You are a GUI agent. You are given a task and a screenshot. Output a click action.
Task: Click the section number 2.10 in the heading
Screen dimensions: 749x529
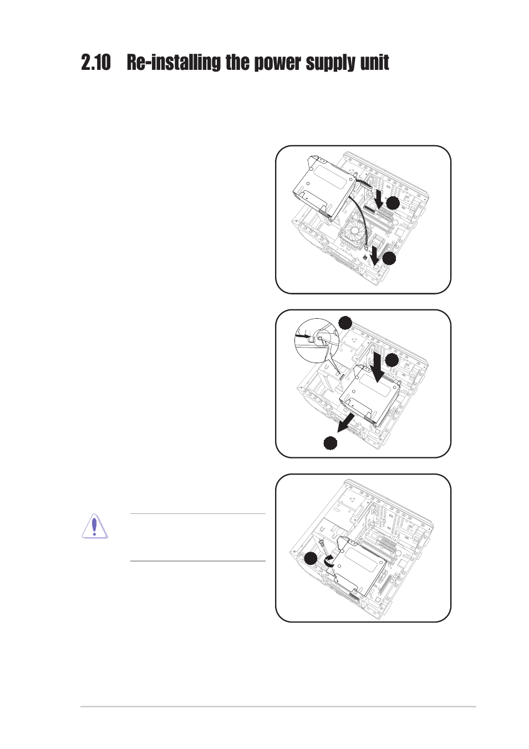(x=95, y=63)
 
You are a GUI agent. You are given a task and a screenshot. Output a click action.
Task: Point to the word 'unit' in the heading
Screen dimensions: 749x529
(x=375, y=63)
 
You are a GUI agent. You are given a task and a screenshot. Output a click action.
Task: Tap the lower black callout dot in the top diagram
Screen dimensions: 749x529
(x=390, y=258)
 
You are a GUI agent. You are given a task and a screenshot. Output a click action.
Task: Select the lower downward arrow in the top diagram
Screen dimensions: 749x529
(x=375, y=256)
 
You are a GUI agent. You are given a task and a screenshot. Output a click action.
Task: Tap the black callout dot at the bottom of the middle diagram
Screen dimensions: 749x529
(x=330, y=443)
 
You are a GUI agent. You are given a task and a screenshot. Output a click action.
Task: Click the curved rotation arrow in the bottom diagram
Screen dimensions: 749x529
(x=329, y=561)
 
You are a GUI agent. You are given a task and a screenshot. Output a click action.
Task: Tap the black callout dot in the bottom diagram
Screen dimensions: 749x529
(x=311, y=559)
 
